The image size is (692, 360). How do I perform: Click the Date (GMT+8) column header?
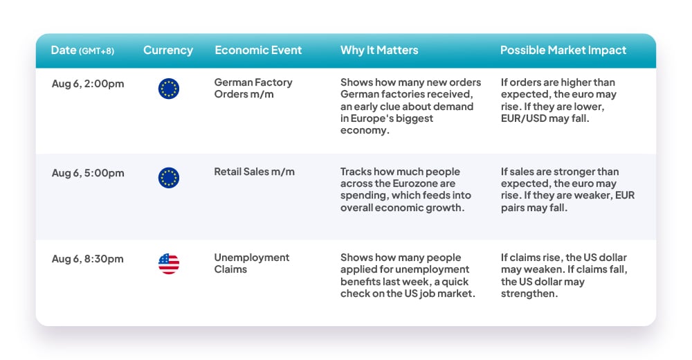[x=82, y=51]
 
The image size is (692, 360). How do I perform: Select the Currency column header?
[x=168, y=51]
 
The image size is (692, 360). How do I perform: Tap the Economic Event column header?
[x=258, y=50]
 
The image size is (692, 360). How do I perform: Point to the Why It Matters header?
[x=379, y=50]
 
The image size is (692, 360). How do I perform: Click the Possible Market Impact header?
[x=563, y=51]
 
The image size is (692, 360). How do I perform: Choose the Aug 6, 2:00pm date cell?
[x=88, y=84]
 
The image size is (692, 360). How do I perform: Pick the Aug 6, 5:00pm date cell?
[x=88, y=173]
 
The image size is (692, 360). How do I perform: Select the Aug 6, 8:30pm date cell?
[x=87, y=259]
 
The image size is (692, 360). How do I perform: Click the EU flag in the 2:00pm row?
[x=169, y=89]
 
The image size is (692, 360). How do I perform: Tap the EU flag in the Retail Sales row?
[x=169, y=178]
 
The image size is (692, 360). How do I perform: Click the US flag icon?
[x=169, y=264]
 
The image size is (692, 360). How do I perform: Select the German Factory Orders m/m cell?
[x=253, y=89]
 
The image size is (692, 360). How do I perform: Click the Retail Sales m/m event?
[x=254, y=172]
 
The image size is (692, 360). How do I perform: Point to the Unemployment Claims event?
[x=252, y=263]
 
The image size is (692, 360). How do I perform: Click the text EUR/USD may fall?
[x=545, y=118]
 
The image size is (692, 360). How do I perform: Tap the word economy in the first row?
[x=365, y=131]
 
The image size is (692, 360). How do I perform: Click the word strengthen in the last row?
[x=529, y=294]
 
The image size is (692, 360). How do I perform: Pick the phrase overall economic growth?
[x=402, y=208]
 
